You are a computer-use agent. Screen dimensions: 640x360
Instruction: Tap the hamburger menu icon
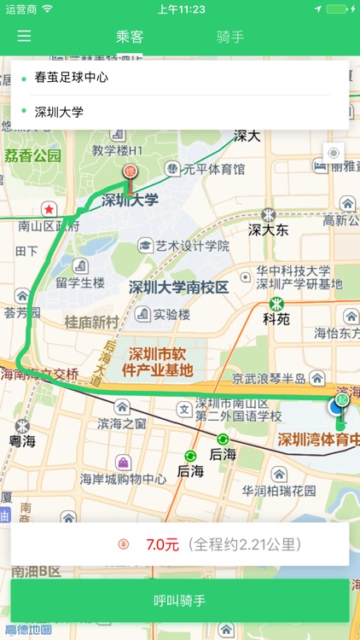click(x=24, y=36)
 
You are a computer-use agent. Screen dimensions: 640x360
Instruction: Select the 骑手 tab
click(x=230, y=37)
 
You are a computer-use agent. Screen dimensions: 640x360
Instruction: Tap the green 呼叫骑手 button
click(x=180, y=601)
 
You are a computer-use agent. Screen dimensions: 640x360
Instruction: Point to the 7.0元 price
click(x=162, y=544)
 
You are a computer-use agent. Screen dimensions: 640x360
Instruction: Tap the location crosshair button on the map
click(x=333, y=154)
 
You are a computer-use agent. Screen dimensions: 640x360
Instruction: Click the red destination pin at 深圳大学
click(x=131, y=172)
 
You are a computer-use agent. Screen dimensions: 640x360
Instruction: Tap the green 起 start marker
click(x=341, y=399)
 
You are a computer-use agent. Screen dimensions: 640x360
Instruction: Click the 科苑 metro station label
click(x=276, y=319)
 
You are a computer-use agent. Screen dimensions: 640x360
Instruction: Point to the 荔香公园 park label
click(x=33, y=155)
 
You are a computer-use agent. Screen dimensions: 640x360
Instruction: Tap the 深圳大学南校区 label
click(x=179, y=288)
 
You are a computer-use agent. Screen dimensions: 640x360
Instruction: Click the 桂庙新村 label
click(x=92, y=322)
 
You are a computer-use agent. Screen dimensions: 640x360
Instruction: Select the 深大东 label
click(x=269, y=230)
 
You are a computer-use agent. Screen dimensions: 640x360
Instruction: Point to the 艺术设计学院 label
click(x=192, y=246)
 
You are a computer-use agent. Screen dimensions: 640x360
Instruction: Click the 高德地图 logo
click(x=28, y=631)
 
